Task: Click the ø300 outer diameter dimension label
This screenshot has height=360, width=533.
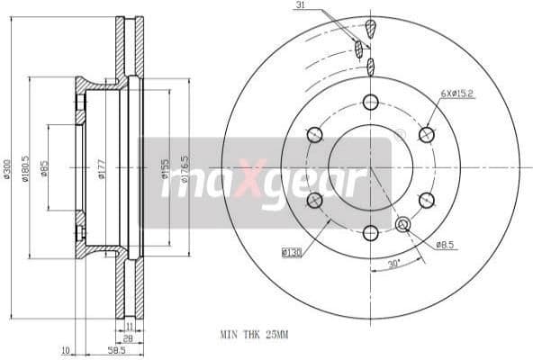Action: point(7,168)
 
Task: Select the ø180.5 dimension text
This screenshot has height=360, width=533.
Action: point(28,168)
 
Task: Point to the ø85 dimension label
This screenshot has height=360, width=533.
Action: point(45,168)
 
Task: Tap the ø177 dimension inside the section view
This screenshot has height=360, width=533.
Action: point(102,168)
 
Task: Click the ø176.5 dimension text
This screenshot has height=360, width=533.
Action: point(185,168)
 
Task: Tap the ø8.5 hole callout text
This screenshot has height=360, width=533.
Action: point(446,244)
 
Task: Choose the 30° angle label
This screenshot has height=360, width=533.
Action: point(393,264)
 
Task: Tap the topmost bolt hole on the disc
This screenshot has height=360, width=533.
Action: point(370,102)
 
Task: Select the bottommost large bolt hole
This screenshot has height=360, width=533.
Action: point(370,233)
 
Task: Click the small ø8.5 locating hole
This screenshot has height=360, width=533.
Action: point(402,224)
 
